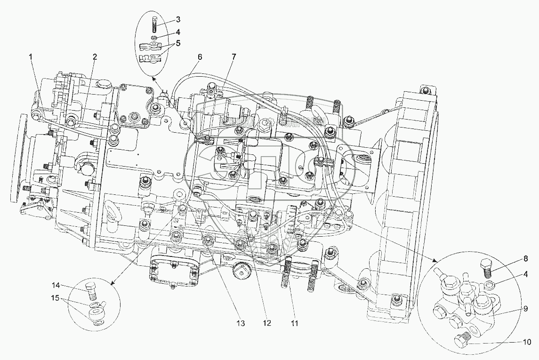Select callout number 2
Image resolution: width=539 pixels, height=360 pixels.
(x=95, y=57)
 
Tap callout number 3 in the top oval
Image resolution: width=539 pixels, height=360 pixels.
(x=165, y=19)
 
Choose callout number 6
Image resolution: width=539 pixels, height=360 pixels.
(x=200, y=57)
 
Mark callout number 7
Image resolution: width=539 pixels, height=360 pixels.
(x=233, y=57)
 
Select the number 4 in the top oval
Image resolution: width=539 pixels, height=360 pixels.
(x=165, y=32)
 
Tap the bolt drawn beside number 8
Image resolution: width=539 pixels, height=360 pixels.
(x=486, y=268)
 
